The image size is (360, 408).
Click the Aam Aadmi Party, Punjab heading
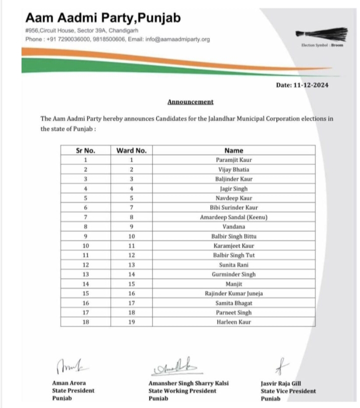(x=103, y=18)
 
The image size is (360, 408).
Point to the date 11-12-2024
(x=302, y=85)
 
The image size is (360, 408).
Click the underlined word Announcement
(x=190, y=102)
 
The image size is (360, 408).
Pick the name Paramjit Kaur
(x=233, y=160)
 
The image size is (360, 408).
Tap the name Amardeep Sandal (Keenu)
(x=233, y=217)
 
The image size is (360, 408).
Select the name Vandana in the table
(x=233, y=226)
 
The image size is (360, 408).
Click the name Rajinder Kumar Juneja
(x=233, y=293)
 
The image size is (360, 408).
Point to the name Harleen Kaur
(x=233, y=322)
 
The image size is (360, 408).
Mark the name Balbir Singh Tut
(x=233, y=255)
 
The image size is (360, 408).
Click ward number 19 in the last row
(x=131, y=322)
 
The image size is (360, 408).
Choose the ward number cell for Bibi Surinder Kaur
(x=131, y=207)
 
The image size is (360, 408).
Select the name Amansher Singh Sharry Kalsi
(x=188, y=383)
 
